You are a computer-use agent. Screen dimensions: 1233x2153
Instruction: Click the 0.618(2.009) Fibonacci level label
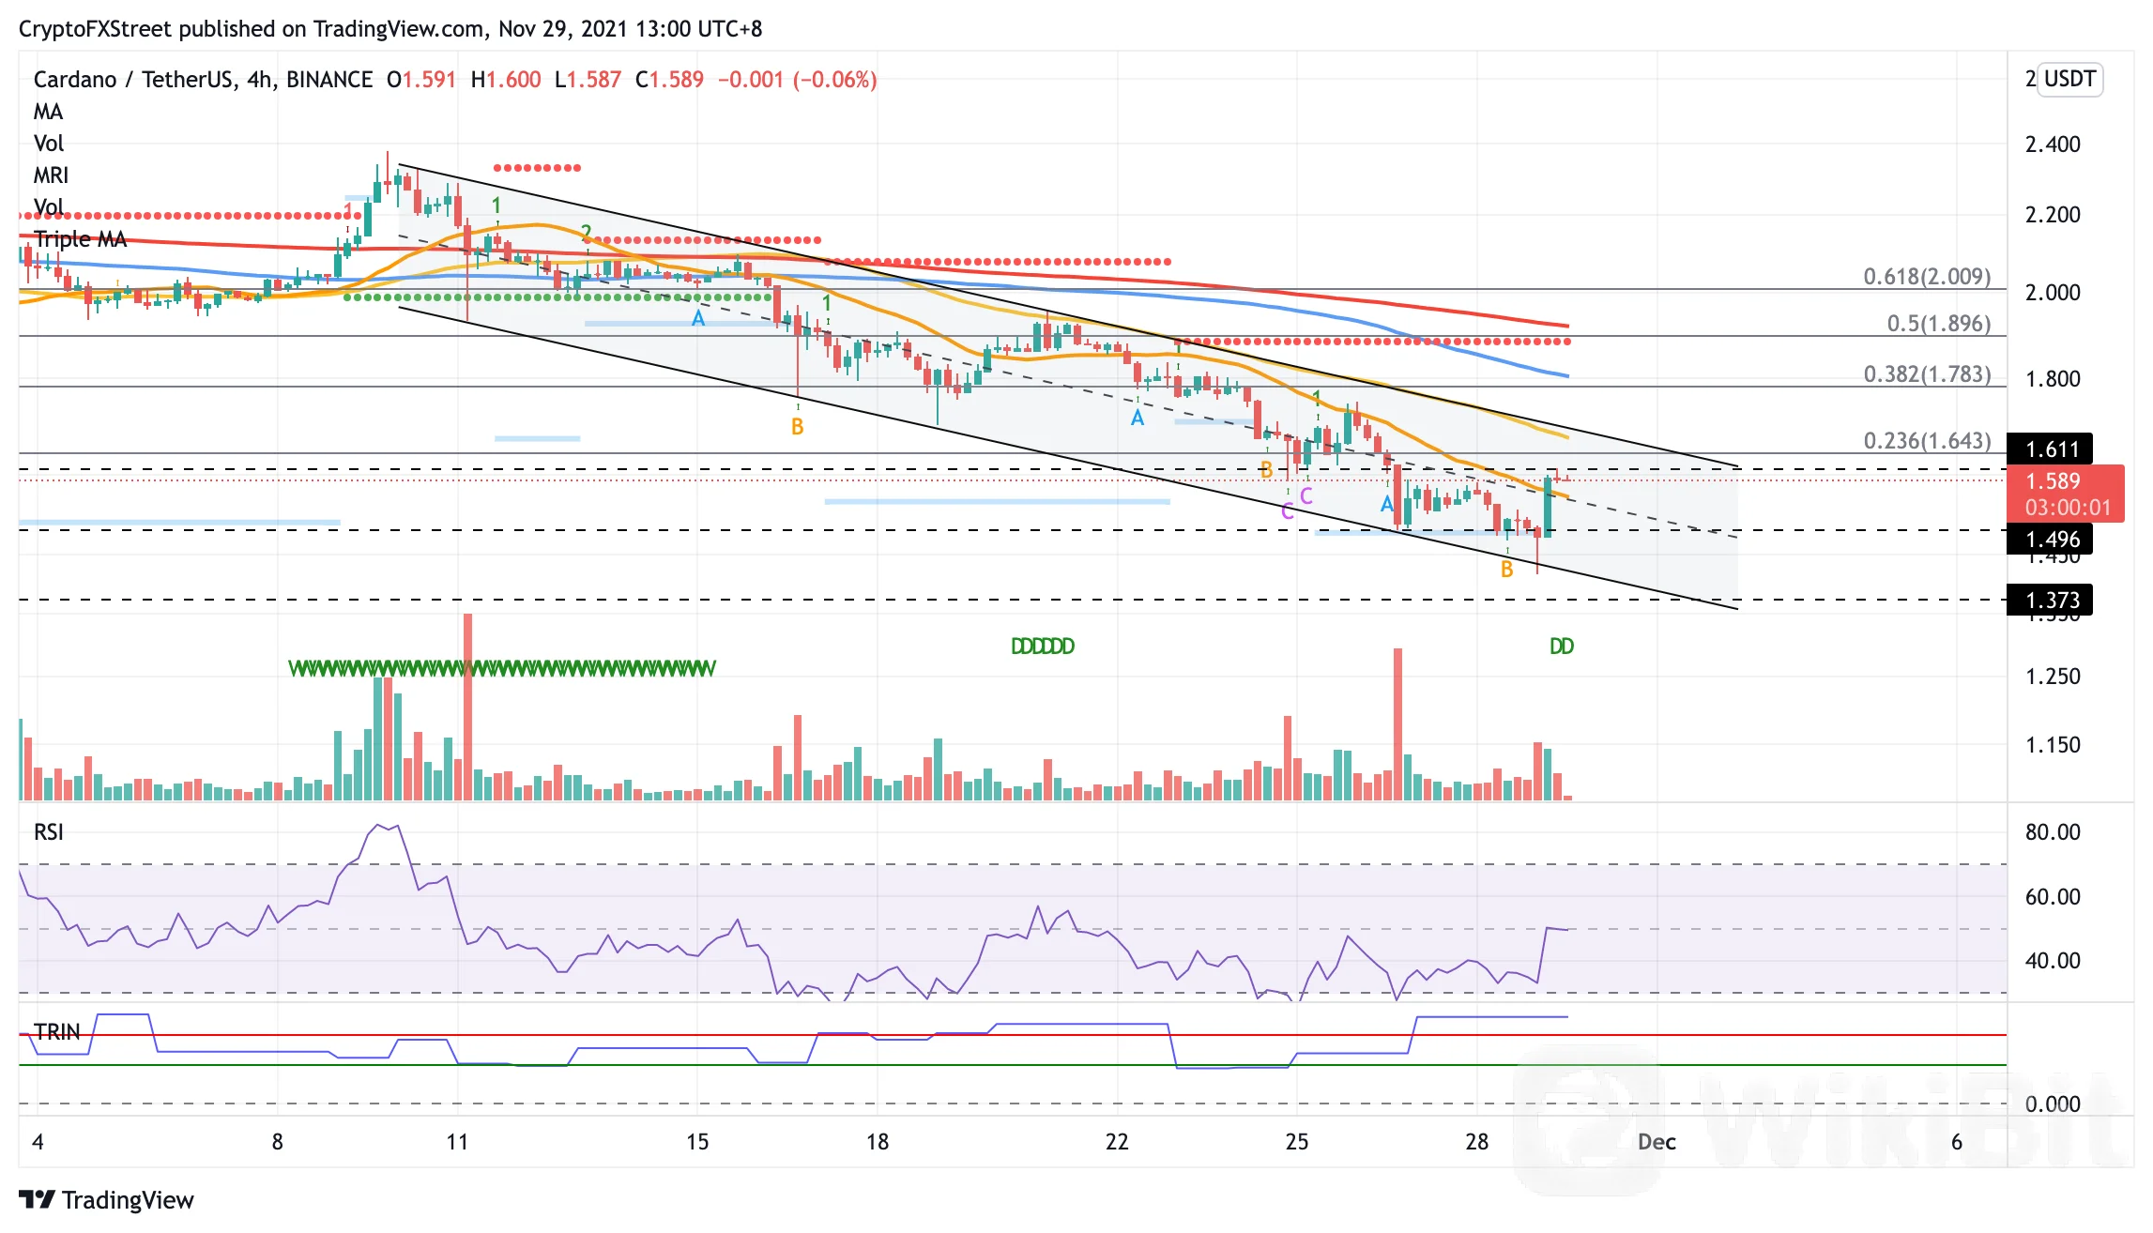coord(1926,277)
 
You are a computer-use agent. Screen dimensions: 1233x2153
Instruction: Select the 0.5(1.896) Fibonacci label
coord(1938,324)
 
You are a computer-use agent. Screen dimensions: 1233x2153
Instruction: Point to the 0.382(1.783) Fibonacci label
coord(1926,374)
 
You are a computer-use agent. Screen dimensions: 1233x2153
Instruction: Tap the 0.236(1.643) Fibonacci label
coord(1926,441)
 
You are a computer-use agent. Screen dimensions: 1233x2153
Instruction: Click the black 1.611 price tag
coord(2052,449)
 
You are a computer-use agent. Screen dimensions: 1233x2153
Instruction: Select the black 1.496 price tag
coord(2052,540)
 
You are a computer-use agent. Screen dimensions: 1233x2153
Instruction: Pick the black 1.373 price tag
coord(2052,601)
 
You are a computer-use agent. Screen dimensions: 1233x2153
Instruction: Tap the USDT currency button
coord(2069,79)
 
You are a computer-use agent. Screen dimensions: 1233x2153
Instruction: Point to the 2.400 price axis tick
coord(2052,145)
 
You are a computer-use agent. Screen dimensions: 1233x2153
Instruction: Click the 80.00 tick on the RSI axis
coord(2052,832)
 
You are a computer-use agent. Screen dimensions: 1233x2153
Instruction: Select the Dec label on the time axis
coord(1657,1142)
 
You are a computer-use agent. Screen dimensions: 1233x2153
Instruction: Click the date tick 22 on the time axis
coord(1117,1142)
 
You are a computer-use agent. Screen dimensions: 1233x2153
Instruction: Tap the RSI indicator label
coord(49,832)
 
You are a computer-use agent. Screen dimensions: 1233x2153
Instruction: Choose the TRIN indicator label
coord(57,1032)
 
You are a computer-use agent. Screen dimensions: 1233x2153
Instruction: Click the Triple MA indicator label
coord(80,239)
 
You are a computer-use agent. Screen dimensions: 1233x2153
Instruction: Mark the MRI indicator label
coord(51,175)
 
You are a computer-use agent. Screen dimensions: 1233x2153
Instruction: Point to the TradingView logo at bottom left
coord(106,1200)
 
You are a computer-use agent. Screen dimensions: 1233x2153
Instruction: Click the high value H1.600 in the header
coord(506,80)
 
